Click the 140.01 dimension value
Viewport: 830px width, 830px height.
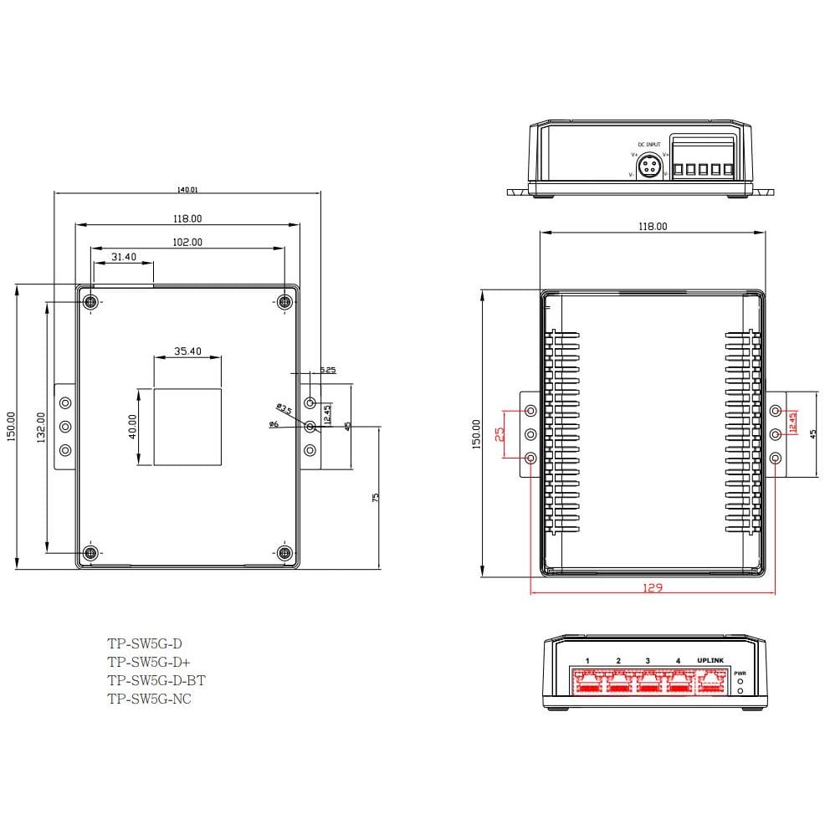(187, 190)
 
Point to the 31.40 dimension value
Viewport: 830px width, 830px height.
(123, 257)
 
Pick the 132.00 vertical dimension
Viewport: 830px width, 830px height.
(40, 428)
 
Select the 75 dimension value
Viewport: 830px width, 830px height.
(376, 496)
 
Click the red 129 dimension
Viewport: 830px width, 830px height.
(653, 588)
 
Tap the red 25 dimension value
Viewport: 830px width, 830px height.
(499, 435)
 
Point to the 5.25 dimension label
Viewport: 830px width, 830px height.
(328, 370)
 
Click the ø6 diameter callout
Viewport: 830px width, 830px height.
(273, 425)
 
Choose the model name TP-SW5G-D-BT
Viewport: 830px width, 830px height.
(156, 680)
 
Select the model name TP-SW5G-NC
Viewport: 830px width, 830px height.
(149, 699)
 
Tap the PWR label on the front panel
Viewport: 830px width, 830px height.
(740, 673)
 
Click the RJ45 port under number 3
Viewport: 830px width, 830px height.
(648, 682)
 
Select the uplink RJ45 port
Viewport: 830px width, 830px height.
(711, 682)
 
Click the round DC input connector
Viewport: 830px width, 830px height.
(648, 168)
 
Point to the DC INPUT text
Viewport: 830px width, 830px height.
(649, 145)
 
